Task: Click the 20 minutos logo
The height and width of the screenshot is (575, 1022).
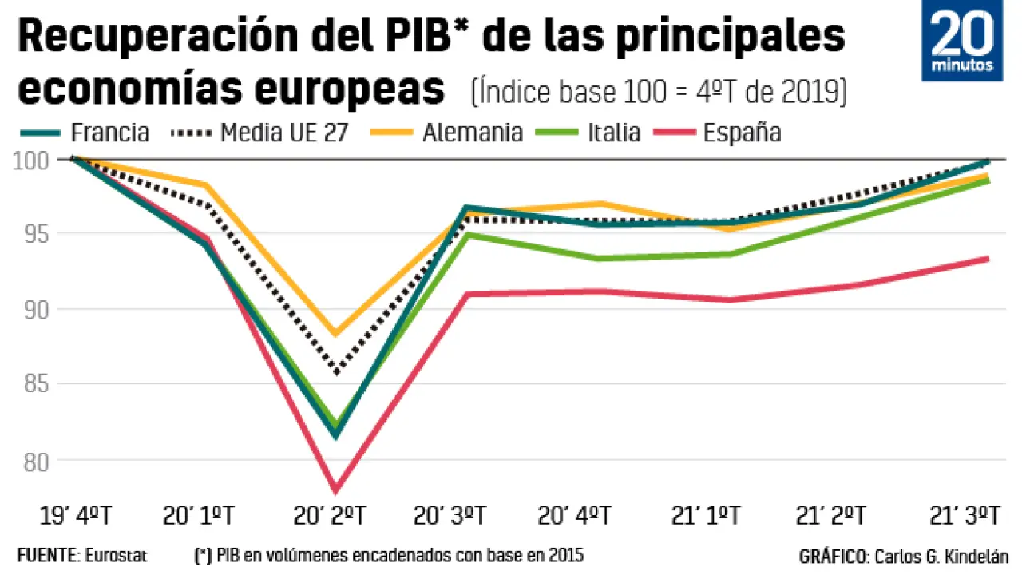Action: tap(961, 41)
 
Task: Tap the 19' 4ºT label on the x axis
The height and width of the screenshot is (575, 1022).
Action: tap(73, 516)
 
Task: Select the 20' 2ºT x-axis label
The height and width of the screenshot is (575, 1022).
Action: tap(335, 516)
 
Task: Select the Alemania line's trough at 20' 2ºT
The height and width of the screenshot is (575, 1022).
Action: tap(336, 333)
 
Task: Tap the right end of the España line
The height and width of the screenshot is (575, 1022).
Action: tap(988, 258)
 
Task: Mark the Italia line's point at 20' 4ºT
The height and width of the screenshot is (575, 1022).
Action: tap(597, 258)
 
